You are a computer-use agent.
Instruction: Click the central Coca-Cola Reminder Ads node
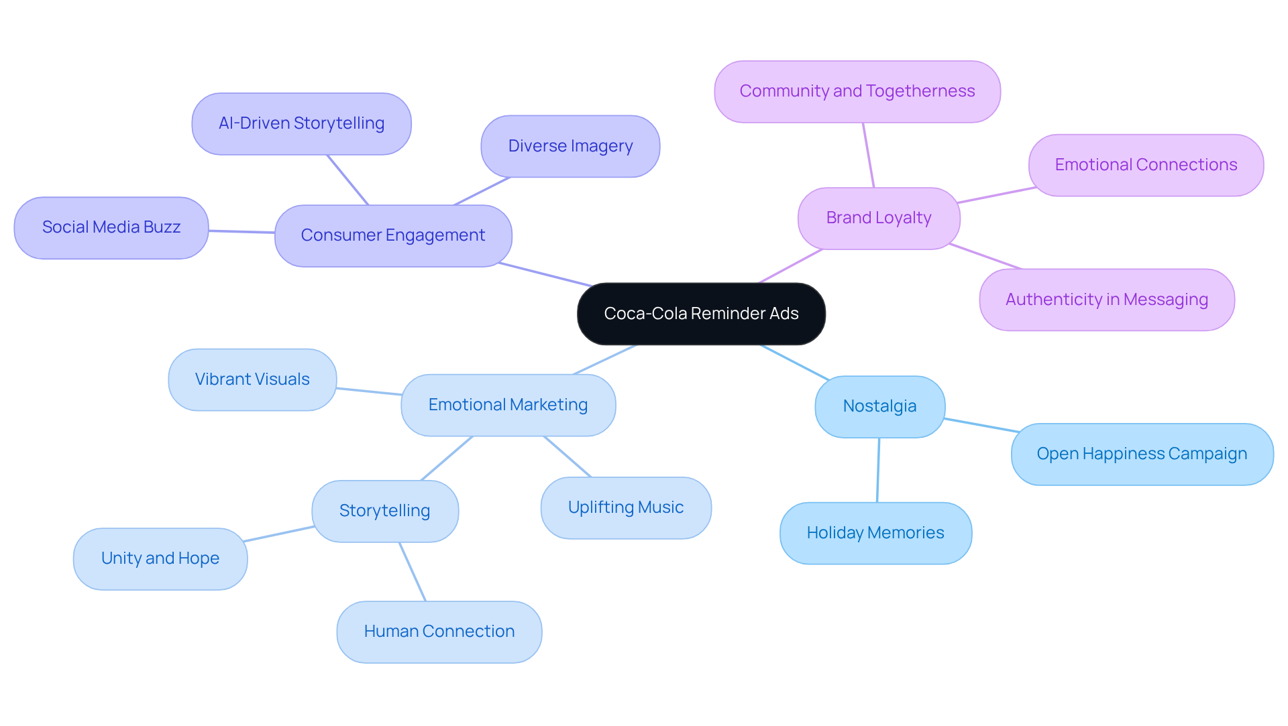[x=701, y=314]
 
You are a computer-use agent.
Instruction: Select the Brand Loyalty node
[x=878, y=218]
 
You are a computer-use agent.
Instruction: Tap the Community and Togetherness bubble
[x=857, y=91]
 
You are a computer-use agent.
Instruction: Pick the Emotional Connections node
[x=1145, y=165]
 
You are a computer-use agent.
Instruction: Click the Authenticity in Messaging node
[x=1106, y=300]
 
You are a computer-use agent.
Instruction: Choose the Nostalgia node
[x=879, y=406]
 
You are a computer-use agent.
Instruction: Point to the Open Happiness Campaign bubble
[x=1141, y=454]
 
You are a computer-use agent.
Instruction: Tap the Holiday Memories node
[x=875, y=533]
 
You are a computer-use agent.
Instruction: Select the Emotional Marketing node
[x=508, y=405]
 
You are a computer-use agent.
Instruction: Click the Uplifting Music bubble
[x=625, y=507]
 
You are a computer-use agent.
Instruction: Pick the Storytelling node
[x=384, y=511]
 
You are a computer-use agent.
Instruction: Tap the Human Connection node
[x=439, y=631]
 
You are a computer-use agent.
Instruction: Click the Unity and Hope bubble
[x=160, y=558]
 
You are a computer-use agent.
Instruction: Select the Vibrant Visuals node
[x=252, y=379]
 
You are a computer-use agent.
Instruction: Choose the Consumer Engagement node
[x=392, y=235]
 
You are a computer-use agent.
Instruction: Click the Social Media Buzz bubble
[x=111, y=227]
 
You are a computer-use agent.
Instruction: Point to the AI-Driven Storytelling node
[x=301, y=123]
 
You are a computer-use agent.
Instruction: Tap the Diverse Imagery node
[x=570, y=146]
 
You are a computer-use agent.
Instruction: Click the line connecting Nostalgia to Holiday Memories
[x=878, y=470]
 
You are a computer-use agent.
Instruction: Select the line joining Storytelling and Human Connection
[x=413, y=572]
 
